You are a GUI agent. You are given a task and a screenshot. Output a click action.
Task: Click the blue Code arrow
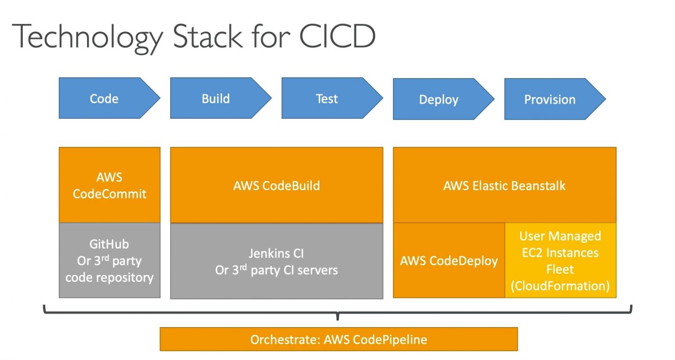[105, 98]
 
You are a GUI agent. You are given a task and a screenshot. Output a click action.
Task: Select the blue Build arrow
[216, 98]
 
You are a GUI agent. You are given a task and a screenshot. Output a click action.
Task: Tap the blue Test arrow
[327, 98]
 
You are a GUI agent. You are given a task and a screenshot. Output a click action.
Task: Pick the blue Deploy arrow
[439, 99]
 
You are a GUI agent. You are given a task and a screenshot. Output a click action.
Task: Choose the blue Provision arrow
[550, 99]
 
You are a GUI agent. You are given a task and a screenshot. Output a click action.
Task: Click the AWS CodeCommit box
[109, 185]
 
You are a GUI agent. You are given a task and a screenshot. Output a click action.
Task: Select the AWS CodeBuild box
[276, 185]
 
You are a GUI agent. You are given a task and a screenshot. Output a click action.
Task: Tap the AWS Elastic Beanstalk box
[504, 185]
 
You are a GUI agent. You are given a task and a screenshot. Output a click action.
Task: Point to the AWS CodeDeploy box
[449, 261]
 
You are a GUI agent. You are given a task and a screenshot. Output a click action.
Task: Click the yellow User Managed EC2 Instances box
[560, 261]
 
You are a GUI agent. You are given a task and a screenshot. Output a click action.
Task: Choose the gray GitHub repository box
[109, 261]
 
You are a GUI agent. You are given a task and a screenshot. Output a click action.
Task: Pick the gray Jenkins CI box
[276, 261]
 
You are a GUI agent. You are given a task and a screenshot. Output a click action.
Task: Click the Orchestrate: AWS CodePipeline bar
[338, 339]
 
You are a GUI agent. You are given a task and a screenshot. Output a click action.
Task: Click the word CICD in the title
[337, 36]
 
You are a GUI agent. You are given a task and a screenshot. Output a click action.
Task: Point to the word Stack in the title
[207, 36]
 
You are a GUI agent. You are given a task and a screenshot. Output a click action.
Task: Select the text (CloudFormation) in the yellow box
[560, 286]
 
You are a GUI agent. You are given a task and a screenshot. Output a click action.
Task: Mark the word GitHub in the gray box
[109, 244]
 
